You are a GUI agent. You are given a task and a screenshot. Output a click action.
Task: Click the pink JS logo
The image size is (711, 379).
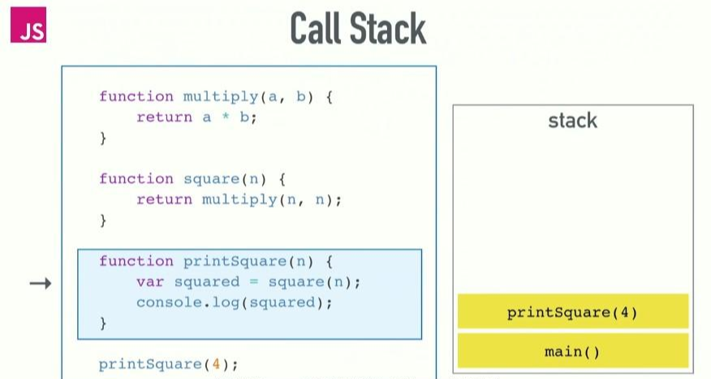pyautogui.click(x=28, y=25)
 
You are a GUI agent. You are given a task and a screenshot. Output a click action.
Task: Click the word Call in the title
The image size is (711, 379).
pyautogui.click(x=317, y=30)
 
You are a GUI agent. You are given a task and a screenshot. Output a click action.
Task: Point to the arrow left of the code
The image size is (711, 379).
pyautogui.click(x=41, y=283)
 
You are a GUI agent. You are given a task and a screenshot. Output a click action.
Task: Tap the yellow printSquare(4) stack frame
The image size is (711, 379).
pyautogui.click(x=572, y=312)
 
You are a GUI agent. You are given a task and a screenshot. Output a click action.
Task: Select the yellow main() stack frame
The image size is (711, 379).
pyautogui.click(x=572, y=351)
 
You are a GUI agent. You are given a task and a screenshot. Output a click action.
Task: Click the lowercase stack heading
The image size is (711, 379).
pyautogui.click(x=572, y=121)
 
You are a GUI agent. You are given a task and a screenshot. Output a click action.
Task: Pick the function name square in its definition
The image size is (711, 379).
pyautogui.click(x=207, y=179)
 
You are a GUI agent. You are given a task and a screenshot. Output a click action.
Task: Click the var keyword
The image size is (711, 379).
pyautogui.click(x=150, y=282)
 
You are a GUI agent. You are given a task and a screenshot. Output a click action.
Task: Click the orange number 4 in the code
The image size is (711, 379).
pyautogui.click(x=217, y=364)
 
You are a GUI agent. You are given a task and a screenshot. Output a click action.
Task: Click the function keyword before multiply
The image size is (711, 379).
pyautogui.click(x=136, y=97)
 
